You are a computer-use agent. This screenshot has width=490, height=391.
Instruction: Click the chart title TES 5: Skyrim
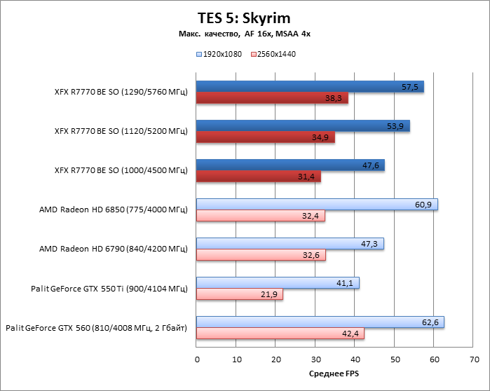(245, 18)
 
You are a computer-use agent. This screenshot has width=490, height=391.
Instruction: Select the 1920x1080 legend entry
(219, 54)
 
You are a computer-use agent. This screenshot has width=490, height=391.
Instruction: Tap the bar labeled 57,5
(310, 87)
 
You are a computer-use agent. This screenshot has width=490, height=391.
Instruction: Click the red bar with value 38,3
(272, 99)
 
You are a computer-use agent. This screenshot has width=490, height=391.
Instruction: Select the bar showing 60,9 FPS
(317, 205)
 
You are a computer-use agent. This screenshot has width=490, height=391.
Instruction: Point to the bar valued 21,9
(240, 295)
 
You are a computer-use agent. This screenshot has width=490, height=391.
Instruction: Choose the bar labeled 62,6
(320, 322)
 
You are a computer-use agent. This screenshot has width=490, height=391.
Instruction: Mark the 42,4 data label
(351, 334)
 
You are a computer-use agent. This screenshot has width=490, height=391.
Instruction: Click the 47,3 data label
(371, 244)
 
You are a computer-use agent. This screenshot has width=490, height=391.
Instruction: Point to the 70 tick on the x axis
(473, 359)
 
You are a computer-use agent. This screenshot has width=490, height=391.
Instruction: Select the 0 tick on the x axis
(197, 359)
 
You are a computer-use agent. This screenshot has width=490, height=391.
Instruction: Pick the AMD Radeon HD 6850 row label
(114, 210)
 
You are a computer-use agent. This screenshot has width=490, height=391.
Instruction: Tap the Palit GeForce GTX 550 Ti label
(109, 288)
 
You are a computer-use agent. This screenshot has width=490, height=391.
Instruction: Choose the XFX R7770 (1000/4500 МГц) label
(121, 170)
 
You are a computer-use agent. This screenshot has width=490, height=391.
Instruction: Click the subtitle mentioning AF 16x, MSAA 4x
(245, 34)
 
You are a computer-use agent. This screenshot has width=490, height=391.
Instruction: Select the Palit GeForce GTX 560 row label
(96, 327)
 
